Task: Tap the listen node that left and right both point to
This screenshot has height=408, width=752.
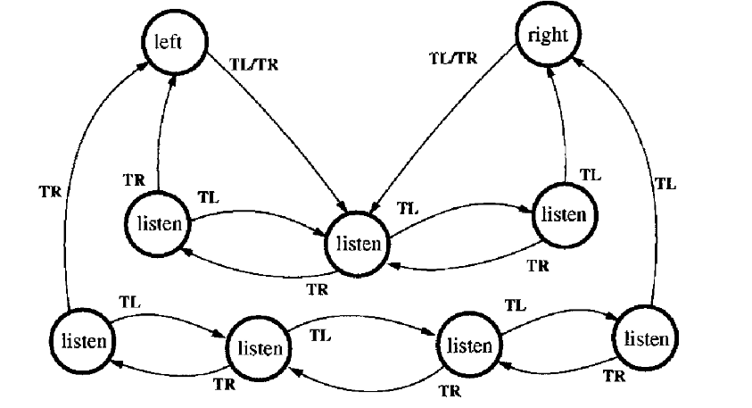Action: point(360,243)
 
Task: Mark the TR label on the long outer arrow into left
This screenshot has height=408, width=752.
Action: point(51,189)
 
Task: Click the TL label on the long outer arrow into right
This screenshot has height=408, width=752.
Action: point(665,184)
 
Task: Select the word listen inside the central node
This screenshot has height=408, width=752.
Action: point(360,243)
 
